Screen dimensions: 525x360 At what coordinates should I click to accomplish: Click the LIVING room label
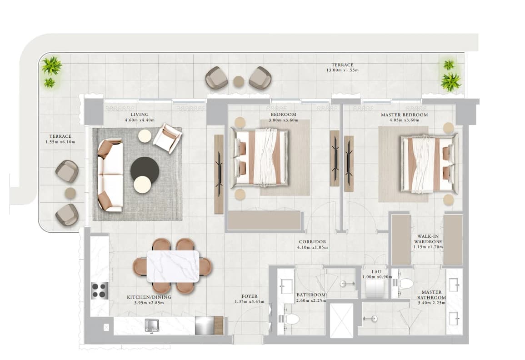pyautogui.click(x=139, y=115)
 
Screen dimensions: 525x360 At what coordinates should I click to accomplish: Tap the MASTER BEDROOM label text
pyautogui.click(x=404, y=115)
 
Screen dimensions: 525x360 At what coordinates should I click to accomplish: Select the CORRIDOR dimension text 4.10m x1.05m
pyautogui.click(x=312, y=247)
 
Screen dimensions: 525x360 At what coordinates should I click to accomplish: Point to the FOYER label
pyautogui.click(x=250, y=296)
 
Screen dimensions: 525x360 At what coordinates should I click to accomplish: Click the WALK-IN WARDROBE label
pyautogui.click(x=428, y=239)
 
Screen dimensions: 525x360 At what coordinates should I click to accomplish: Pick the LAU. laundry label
pyautogui.click(x=377, y=272)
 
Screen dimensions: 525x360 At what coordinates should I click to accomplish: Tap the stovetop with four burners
pyautogui.click(x=100, y=290)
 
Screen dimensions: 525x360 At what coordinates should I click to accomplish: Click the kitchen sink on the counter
pyautogui.click(x=152, y=325)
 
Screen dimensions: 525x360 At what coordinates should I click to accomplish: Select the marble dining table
pyautogui.click(x=173, y=267)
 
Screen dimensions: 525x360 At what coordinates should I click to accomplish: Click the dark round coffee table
pyautogui.click(x=144, y=169)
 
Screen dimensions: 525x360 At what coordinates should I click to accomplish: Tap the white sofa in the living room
pyautogui.click(x=110, y=176)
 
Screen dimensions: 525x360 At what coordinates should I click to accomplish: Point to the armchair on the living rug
pyautogui.click(x=167, y=138)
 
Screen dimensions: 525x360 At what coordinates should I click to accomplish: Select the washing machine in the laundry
pyautogui.click(x=373, y=288)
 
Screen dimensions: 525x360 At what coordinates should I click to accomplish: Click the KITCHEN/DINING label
pyautogui.click(x=149, y=297)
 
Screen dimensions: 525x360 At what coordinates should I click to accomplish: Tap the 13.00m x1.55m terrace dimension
pyautogui.click(x=342, y=70)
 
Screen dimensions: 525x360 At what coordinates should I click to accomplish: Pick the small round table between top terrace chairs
pyautogui.click(x=239, y=81)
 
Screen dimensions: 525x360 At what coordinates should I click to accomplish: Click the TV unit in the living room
pyautogui.click(x=219, y=174)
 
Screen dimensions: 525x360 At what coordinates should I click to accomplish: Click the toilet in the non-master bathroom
pyautogui.click(x=289, y=319)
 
